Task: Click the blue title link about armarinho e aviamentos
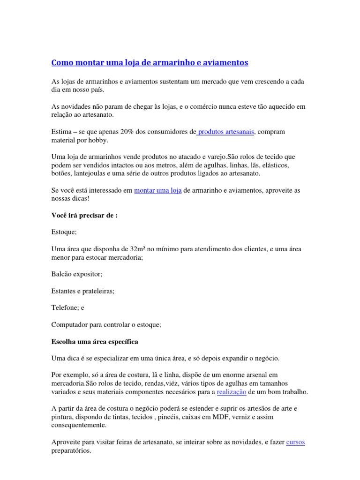[x=149, y=62]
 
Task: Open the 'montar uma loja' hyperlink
[x=157, y=190]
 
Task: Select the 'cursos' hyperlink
[x=295, y=442]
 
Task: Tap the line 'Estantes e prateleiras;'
[x=82, y=291]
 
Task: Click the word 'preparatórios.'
[x=71, y=450]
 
